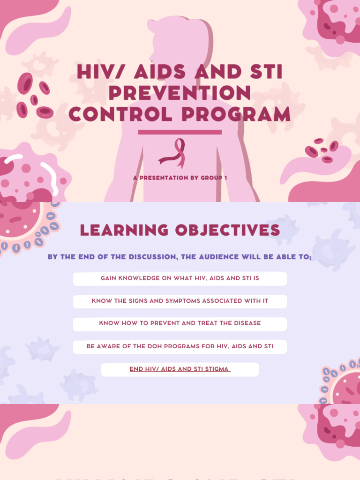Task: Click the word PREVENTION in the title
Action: click(x=180, y=93)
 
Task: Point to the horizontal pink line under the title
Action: click(x=180, y=132)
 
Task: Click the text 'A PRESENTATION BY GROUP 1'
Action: click(x=180, y=178)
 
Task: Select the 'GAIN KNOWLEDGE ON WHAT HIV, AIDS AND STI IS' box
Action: click(x=180, y=278)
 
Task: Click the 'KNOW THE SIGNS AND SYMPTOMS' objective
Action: click(x=180, y=301)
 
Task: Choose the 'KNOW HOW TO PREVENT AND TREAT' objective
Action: click(x=180, y=323)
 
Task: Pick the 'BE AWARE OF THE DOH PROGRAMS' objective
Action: click(x=180, y=346)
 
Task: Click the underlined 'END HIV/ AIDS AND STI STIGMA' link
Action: click(x=180, y=369)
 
